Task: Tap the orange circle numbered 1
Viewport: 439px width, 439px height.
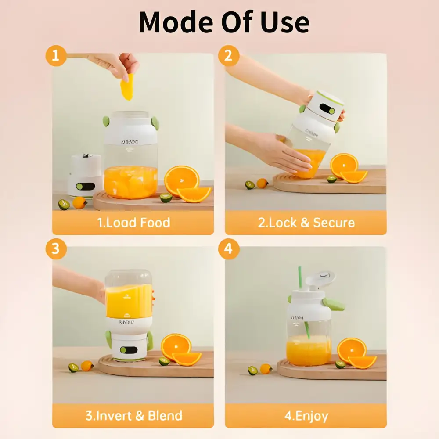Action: pos(56,56)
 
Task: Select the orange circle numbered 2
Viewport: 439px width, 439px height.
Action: pos(228,56)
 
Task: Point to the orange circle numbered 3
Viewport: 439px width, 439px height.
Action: pos(56,249)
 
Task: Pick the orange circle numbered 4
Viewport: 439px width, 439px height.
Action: pos(228,249)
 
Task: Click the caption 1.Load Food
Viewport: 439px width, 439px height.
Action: pos(133,223)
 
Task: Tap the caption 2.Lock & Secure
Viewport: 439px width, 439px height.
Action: pos(306,223)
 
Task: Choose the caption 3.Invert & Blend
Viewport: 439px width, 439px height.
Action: pos(133,415)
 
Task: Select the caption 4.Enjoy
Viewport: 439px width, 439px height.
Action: pos(306,415)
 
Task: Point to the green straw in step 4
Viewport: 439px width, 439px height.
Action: pos(302,290)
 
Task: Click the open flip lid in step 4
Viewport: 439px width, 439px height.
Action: pos(320,279)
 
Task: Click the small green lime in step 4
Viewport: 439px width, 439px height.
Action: pos(340,364)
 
